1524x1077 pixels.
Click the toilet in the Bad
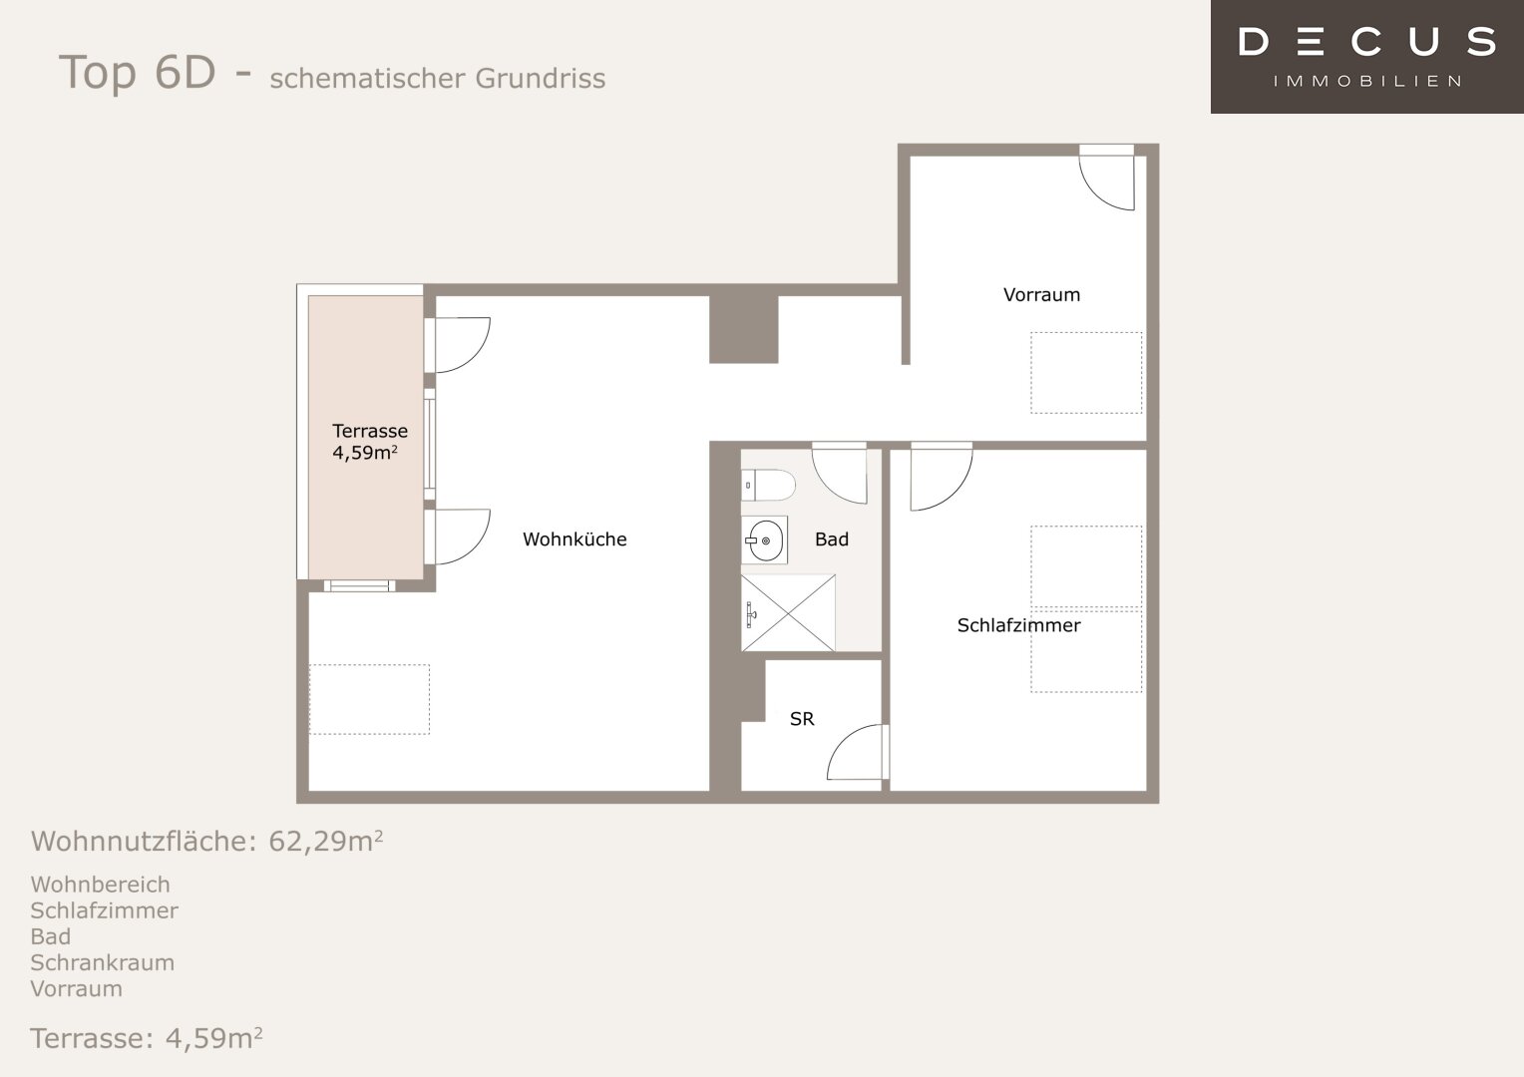click(768, 485)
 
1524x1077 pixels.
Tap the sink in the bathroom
click(764, 540)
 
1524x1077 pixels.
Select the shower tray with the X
click(788, 613)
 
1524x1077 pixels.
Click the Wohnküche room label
click(574, 539)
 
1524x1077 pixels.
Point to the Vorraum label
click(1041, 294)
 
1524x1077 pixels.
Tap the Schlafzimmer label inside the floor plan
click(1018, 625)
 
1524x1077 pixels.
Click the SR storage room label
click(802, 718)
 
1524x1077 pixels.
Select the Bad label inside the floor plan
click(832, 539)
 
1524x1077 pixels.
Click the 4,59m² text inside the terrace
click(365, 453)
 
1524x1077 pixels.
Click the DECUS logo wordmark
click(1366, 42)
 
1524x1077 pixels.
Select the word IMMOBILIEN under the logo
click(1366, 82)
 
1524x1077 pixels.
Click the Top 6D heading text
click(137, 72)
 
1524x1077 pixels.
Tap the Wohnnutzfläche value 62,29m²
click(326, 841)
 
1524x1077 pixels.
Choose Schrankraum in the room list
click(103, 962)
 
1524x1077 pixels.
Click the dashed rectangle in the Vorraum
click(1086, 373)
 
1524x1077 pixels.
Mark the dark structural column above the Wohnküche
click(744, 329)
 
